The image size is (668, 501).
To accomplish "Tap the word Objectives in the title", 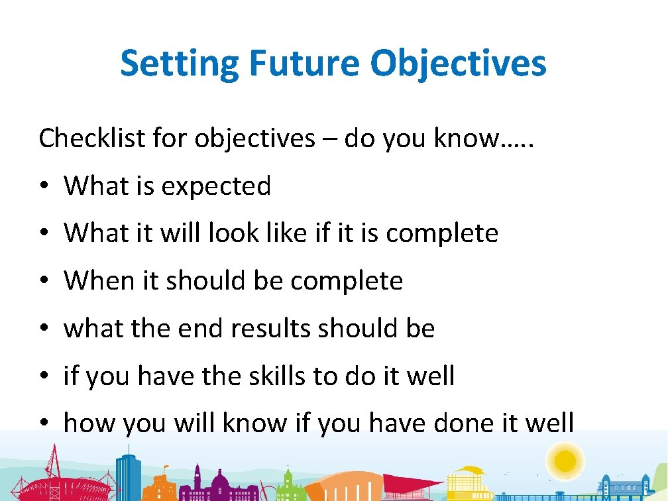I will point(459,64).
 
